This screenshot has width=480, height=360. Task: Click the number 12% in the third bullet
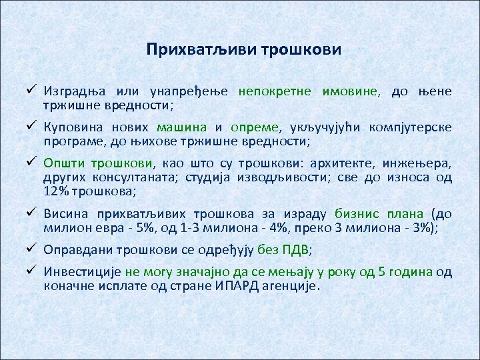coord(58,191)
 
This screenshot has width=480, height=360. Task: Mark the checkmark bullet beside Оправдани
coord(31,250)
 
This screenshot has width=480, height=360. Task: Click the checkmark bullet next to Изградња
coord(31,91)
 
